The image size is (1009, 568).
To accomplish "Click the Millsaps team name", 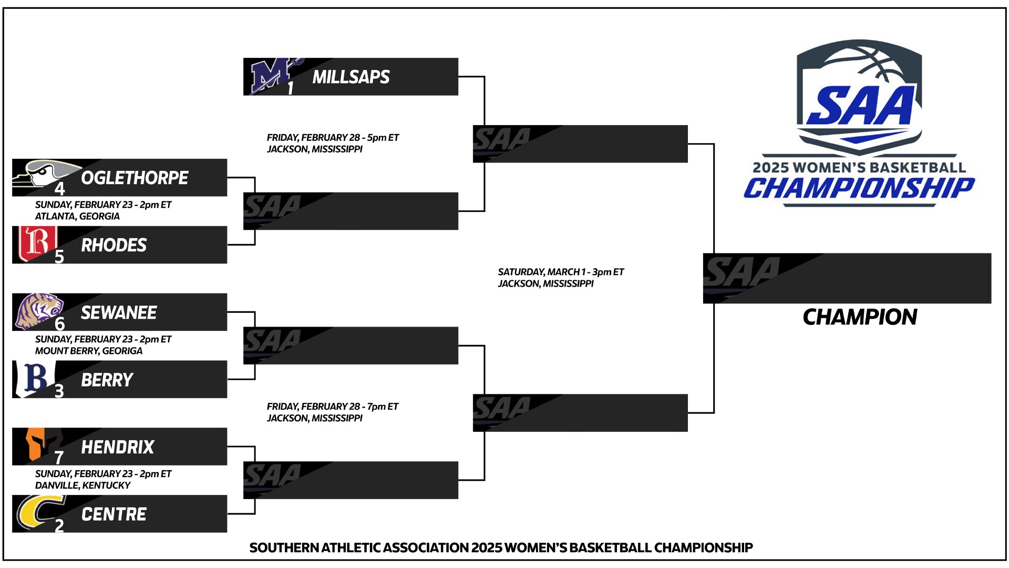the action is (x=351, y=77).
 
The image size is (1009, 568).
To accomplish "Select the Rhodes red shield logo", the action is (x=35, y=244).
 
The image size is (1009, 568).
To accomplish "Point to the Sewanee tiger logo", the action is (x=40, y=311).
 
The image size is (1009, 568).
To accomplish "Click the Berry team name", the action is (x=107, y=380).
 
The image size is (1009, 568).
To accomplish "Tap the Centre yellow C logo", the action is (x=39, y=511).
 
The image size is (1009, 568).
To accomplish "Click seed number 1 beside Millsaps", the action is (x=290, y=88).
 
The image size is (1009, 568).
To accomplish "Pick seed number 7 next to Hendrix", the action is (x=59, y=458).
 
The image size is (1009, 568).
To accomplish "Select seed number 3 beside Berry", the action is (x=59, y=391).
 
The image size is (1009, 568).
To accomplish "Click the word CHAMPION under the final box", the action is (x=860, y=317).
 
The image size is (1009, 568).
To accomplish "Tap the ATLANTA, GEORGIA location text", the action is (x=77, y=216).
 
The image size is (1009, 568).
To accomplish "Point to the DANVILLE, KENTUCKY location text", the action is (x=83, y=485).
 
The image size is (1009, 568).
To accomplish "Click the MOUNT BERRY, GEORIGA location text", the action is (x=89, y=351).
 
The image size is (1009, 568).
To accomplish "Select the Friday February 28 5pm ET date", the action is (x=333, y=138).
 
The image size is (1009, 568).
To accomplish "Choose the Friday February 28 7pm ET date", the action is (x=333, y=407).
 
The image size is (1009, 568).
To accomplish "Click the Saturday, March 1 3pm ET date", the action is (x=561, y=272).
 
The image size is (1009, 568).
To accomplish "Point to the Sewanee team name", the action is (x=119, y=312).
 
